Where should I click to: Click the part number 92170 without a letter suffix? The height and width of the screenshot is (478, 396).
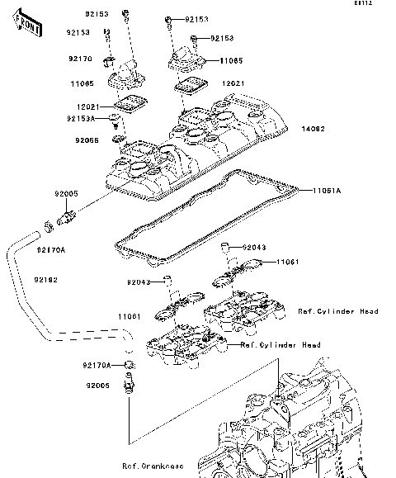click(x=79, y=59)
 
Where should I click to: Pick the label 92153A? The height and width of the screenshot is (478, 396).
click(x=82, y=118)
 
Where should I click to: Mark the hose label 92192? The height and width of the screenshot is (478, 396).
click(x=46, y=281)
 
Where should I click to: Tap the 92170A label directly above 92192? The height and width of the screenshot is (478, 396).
click(x=50, y=250)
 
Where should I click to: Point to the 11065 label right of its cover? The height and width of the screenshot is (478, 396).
click(x=232, y=61)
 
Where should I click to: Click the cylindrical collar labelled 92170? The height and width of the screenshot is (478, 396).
click(x=107, y=62)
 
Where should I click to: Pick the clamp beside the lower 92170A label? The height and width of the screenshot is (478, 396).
click(x=129, y=364)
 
